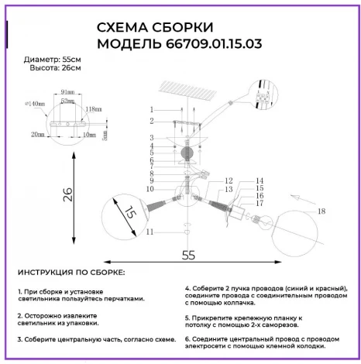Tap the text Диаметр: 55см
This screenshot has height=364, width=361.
click(50, 59)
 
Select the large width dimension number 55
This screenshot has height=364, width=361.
click(187, 253)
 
